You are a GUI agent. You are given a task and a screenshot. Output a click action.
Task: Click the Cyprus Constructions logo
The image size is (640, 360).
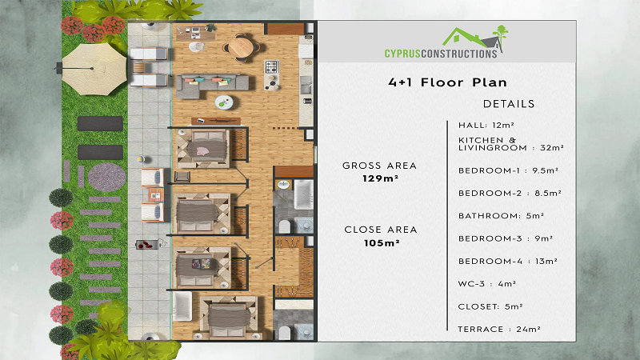pos(446,42)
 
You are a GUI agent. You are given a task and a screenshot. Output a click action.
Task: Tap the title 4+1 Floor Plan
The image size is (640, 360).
pos(447,82)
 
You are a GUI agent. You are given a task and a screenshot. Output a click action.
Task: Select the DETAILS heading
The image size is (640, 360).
pos(509,104)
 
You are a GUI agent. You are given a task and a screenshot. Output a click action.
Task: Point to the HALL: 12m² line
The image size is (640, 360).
pos(486,126)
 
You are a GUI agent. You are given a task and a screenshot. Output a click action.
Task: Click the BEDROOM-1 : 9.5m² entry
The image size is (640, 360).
pos(508,170)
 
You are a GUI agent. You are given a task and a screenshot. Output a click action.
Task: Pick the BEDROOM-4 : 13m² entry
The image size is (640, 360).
pos(508,262)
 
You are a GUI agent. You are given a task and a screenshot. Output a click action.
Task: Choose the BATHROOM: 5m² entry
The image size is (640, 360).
pos(501,216)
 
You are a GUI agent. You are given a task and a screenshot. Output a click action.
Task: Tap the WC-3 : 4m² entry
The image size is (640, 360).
pos(487,284)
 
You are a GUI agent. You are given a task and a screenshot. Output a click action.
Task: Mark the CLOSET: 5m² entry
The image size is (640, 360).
pos(490,306)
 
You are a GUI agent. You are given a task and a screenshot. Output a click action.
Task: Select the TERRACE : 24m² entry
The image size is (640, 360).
pos(499,329)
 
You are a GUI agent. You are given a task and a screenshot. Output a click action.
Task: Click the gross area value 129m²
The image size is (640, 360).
pos(381,178)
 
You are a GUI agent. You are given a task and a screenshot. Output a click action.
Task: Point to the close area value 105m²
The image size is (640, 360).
pos(382,243)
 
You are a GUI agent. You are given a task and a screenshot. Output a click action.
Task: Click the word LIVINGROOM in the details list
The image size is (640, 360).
pos(493,148)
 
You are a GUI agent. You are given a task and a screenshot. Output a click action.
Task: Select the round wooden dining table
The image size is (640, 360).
pos(241,48)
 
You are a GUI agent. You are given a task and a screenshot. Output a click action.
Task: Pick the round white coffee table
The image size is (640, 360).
pos(224,102)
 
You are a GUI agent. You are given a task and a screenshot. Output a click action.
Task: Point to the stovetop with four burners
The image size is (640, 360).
pos(272,66)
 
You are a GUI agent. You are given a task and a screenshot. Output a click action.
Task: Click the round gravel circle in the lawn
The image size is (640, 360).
pos(107,177)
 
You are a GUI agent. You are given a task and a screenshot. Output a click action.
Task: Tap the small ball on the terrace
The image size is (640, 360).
pos(141,159)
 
